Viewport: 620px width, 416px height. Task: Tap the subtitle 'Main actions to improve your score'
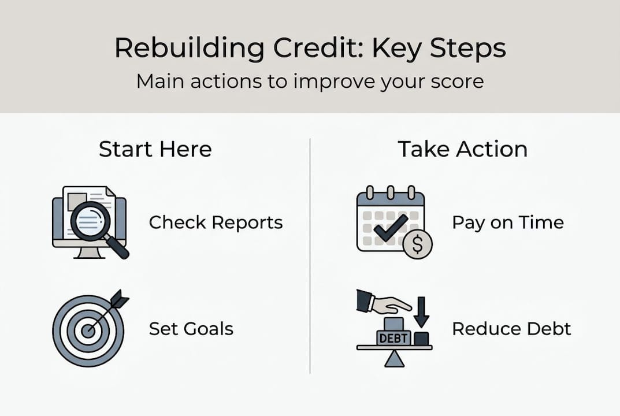[310, 81]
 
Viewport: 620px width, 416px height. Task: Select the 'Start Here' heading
[155, 149]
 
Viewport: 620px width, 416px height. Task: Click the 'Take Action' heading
[462, 149]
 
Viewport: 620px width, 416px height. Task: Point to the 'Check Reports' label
[216, 222]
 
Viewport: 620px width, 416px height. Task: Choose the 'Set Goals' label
[191, 329]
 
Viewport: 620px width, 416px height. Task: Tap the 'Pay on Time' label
[507, 222]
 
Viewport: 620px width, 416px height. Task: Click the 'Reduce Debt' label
[511, 329]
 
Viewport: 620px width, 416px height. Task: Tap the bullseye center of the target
[88, 330]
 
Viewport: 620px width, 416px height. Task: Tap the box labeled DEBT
[393, 337]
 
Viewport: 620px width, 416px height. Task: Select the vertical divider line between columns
[310, 254]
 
